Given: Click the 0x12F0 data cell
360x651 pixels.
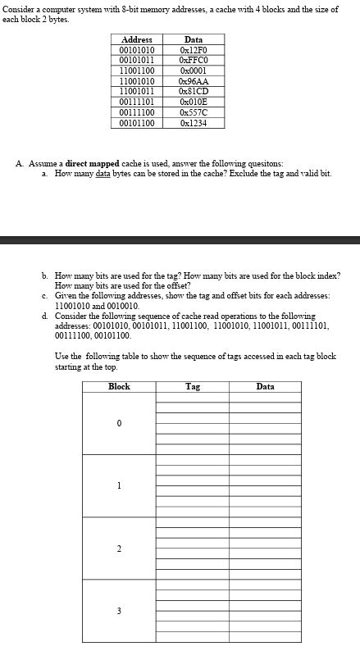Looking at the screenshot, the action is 194,51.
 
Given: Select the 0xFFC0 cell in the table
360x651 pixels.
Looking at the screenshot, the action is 194,60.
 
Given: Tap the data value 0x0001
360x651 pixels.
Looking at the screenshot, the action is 194,70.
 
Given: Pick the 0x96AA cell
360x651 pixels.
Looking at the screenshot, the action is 194,82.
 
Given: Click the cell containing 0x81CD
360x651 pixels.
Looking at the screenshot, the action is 194,91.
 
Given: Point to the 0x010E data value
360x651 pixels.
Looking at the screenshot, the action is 194,102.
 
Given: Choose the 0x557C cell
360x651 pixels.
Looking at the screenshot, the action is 194,112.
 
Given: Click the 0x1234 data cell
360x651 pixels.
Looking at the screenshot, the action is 194,123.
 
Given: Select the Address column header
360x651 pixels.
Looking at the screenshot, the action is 136,39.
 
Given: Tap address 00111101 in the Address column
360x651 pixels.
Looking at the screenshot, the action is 136,102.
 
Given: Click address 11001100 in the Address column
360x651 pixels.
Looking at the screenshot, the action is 136,70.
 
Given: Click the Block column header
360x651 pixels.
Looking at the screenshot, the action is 119,386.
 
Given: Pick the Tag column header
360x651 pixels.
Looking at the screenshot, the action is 193,386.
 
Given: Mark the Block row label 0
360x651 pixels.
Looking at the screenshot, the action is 119,423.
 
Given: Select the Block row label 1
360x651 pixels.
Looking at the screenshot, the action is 119,485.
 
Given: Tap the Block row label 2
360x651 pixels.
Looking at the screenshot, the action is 119,549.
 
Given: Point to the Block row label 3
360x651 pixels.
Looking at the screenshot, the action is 119,611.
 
